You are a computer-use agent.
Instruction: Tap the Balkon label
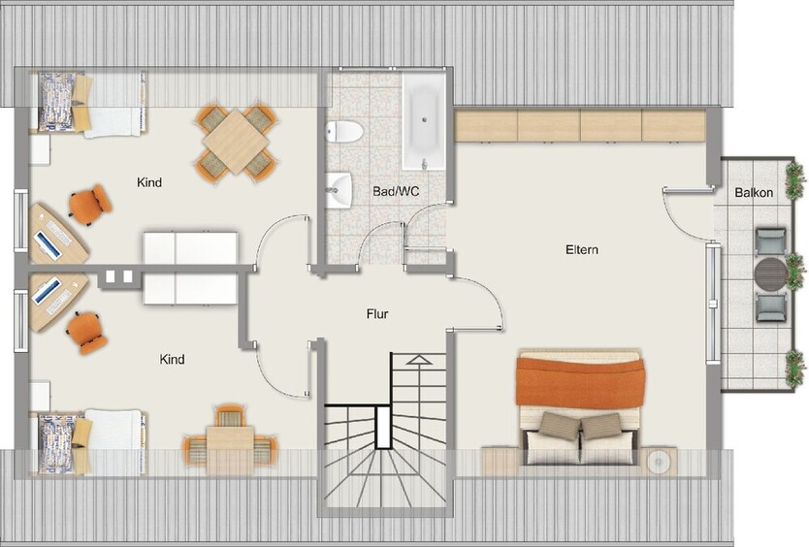[x=754, y=193]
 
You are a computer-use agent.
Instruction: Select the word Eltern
[x=582, y=249]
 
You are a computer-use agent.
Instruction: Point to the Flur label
[x=377, y=313]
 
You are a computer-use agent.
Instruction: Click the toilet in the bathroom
[x=344, y=130]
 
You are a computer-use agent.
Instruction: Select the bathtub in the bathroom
[x=424, y=122]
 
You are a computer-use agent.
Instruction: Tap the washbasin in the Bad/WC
[x=339, y=189]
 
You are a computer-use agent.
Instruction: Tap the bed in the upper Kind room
[x=91, y=105]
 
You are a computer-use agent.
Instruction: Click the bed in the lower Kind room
[x=91, y=441]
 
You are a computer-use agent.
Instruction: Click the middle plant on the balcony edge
[x=795, y=264]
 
